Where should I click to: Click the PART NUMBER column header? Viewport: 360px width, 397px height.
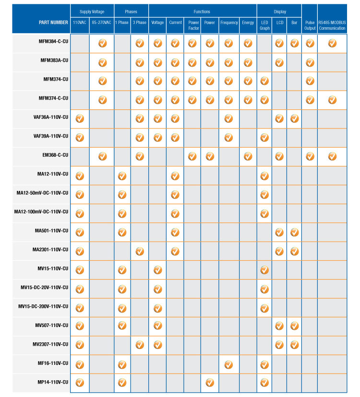pyautogui.click(x=53, y=23)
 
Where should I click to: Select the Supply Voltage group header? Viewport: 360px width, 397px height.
pyautogui.click(x=92, y=12)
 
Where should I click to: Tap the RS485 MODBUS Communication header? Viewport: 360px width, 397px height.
pyautogui.click(x=332, y=25)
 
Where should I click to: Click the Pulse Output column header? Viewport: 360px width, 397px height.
pyautogui.click(x=310, y=25)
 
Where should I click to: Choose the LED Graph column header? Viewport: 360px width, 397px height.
pyautogui.click(x=264, y=25)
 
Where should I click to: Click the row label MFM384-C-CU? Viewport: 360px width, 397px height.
pyautogui.click(x=53, y=43)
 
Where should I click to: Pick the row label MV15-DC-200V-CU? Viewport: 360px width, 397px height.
pyautogui.click(x=43, y=306)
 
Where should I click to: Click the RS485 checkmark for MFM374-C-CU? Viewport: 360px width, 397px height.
pyautogui.click(x=332, y=100)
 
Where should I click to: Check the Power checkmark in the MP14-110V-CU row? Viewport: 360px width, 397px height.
pyautogui.click(x=210, y=383)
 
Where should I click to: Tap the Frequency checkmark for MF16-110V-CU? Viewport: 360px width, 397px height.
pyautogui.click(x=229, y=364)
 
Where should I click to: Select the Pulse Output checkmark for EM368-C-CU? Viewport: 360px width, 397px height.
pyautogui.click(x=310, y=156)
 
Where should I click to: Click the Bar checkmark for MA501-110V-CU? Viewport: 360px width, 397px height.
pyautogui.click(x=294, y=232)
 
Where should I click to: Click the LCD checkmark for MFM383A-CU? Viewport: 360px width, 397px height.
pyautogui.click(x=279, y=62)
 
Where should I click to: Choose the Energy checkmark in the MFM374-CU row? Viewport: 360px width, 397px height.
pyautogui.click(x=248, y=81)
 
